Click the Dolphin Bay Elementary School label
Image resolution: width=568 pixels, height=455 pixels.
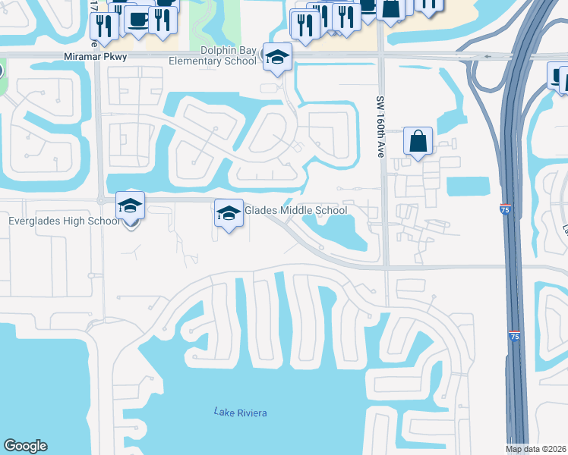coord(229,56)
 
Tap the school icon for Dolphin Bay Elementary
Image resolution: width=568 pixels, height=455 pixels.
coord(278,57)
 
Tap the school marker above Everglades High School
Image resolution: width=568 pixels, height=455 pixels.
coord(130,205)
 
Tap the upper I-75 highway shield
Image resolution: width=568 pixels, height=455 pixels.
coord(506,210)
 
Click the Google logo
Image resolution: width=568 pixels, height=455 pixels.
coord(25,446)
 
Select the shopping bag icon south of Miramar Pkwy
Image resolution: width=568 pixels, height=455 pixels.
coord(418,140)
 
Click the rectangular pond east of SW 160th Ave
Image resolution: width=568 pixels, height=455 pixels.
coord(469,186)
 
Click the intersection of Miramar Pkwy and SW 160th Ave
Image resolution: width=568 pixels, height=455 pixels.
coord(381,55)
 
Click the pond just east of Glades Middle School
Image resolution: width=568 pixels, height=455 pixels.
coord(338,228)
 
